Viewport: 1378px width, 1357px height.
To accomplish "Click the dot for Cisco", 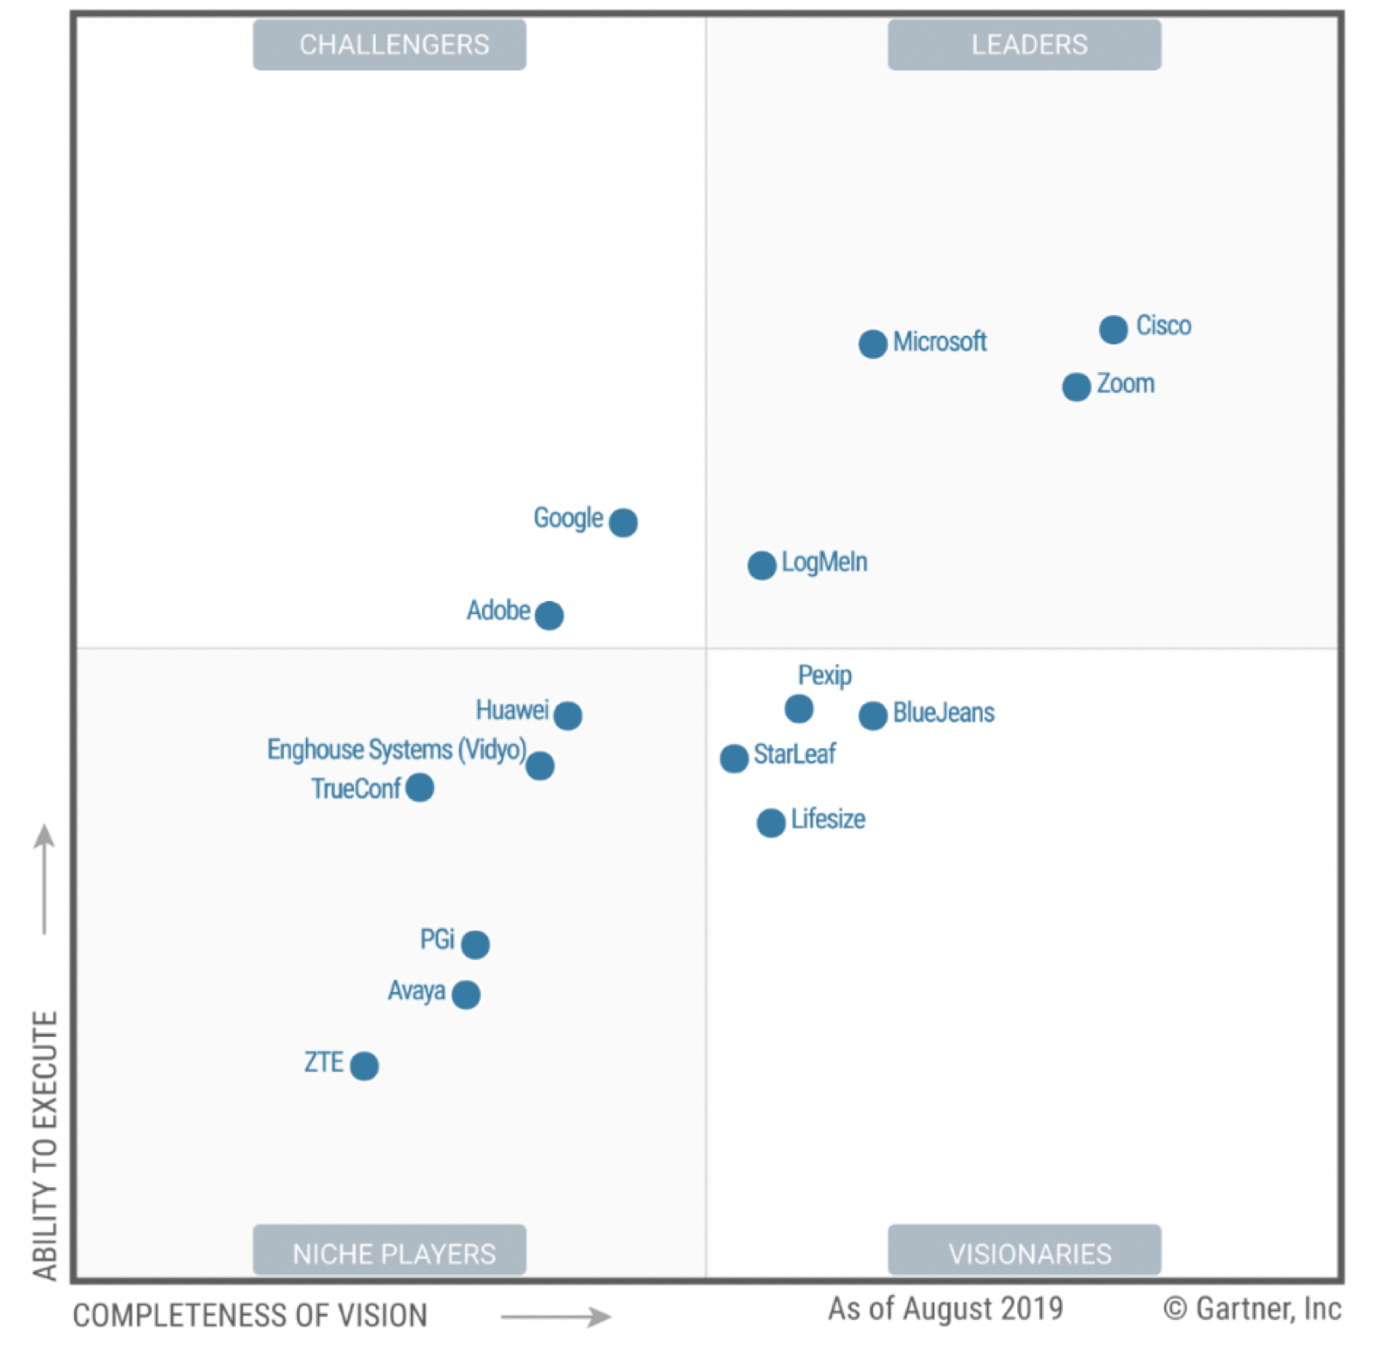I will pos(1113,329).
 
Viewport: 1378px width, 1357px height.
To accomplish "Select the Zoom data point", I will pos(1076,387).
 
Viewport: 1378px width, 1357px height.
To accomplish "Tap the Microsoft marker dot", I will pos(872,344).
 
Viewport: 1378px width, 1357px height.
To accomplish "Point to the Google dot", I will pos(623,522).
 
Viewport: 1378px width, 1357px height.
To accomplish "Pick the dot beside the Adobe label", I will pos(549,615).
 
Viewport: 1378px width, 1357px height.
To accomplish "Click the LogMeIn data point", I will pos(761,565).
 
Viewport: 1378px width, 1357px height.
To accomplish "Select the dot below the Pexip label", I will pos(798,709).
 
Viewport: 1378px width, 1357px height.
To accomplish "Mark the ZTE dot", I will pos(364,1065).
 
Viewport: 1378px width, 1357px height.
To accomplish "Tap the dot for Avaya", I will pos(466,995).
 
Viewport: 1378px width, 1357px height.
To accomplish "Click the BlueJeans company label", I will pos(943,713).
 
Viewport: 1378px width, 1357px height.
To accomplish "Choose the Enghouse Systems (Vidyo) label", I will pos(396,750).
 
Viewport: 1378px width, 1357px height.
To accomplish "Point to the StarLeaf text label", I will pos(794,754).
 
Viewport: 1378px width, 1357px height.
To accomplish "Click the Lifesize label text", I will pos(828,819).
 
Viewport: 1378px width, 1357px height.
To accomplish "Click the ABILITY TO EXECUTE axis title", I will pos(45,1145).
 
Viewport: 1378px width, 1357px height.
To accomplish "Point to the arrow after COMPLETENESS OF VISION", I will pos(556,1317).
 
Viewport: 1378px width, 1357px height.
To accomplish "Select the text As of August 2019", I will pos(945,1309).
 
